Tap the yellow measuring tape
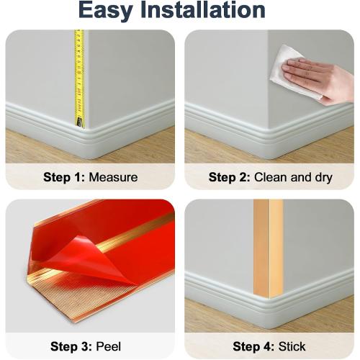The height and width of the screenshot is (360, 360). point(78,72)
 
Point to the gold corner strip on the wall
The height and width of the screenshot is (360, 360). point(269,245)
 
